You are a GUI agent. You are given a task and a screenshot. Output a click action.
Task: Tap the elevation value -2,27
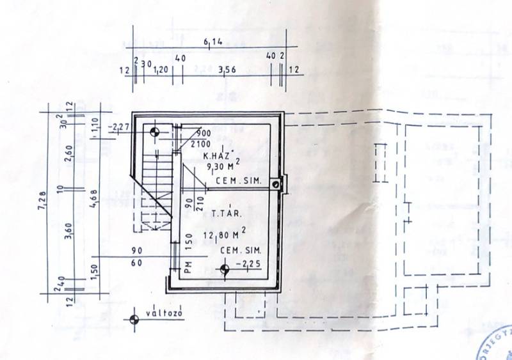click(120, 127)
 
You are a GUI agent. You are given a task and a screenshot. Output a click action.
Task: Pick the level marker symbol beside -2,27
click(154, 133)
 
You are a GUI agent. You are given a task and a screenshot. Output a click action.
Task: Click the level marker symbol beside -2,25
click(224, 269)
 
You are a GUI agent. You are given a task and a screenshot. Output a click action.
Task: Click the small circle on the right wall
click(275, 184)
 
